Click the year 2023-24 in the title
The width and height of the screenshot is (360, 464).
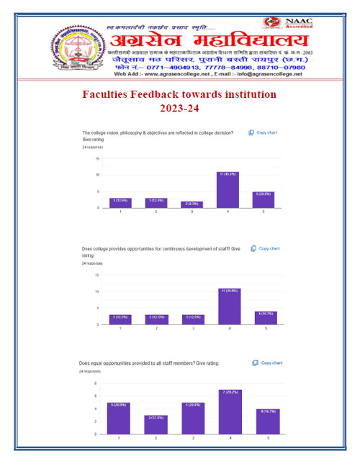179,109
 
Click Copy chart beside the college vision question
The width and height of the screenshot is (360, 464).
264,133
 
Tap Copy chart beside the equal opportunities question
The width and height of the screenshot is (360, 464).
268,363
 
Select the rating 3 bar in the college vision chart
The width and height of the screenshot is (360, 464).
192,205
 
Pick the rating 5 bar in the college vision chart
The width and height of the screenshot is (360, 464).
263,200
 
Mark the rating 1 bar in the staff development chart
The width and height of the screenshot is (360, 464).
120,319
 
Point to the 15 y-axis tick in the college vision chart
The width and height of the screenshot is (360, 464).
98,159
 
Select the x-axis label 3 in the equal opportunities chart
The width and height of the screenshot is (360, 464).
192,438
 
